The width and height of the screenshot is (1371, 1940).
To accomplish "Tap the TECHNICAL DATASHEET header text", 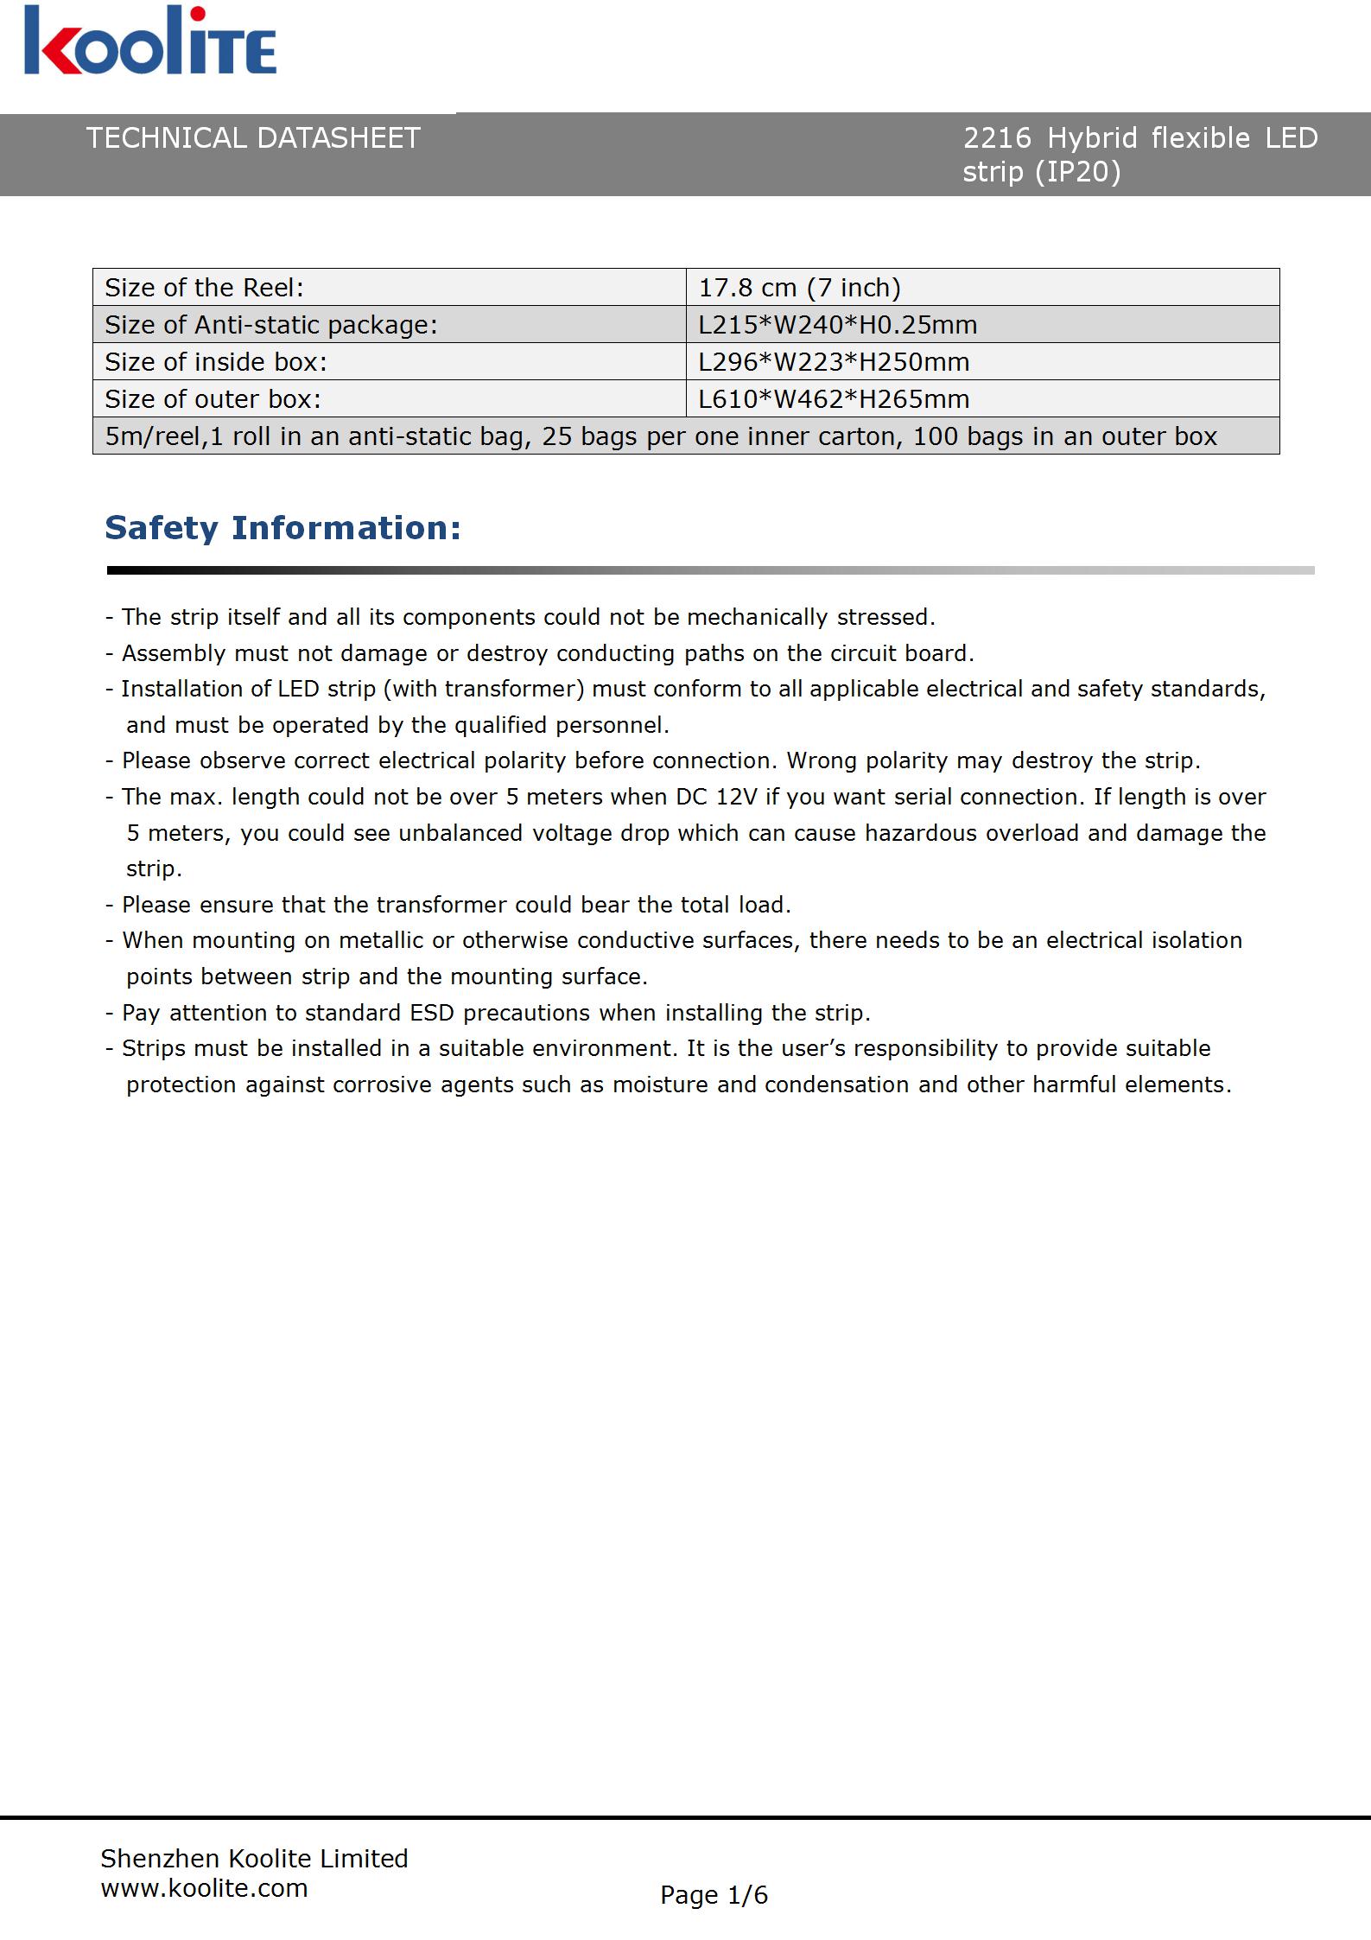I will tap(253, 138).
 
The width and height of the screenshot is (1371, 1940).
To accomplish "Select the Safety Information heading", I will tap(282, 528).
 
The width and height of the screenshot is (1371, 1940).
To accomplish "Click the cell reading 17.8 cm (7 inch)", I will tap(799, 287).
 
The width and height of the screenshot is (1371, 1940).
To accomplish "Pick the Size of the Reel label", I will tap(204, 287).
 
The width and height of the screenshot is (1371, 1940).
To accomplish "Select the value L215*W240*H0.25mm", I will tap(837, 325).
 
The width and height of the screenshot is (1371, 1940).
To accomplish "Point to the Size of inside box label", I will tap(216, 362).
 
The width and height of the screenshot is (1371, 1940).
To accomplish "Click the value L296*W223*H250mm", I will tap(834, 362).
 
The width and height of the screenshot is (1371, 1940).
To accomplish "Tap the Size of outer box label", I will tap(213, 399).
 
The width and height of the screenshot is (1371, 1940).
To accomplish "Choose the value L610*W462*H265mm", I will tap(834, 399).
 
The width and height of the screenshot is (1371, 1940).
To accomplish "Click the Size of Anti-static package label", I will tap(270, 325).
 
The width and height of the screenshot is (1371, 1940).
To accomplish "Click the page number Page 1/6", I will tap(714, 1895).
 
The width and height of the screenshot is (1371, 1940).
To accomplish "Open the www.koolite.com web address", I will tap(204, 1888).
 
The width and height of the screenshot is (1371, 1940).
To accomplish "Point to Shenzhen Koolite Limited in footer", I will tap(254, 1858).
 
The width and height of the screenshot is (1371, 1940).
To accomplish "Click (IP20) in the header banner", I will tap(1077, 173).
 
